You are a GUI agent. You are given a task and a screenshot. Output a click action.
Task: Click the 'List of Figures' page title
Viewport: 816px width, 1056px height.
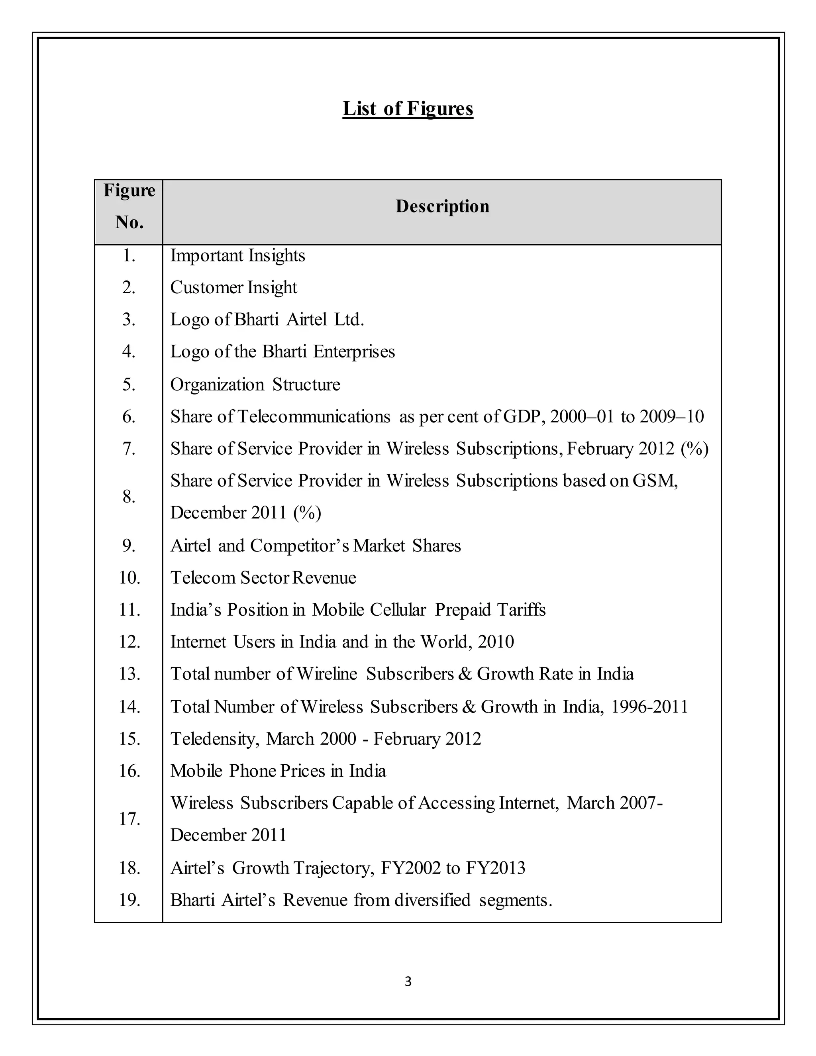point(408,109)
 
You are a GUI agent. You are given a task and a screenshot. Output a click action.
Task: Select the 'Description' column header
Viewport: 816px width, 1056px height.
point(442,206)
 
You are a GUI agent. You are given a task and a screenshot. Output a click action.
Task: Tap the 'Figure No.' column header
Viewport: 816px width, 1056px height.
point(129,206)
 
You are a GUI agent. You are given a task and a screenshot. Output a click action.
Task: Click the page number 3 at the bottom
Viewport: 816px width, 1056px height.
point(408,981)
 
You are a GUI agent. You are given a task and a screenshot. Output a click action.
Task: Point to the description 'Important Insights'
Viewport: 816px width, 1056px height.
point(237,256)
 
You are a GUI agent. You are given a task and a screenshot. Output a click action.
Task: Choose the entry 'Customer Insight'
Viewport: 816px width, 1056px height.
point(233,288)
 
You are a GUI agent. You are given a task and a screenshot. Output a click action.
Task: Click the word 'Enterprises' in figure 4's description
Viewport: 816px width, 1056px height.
point(354,351)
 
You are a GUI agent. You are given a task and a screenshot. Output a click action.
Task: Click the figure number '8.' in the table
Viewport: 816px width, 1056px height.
point(129,497)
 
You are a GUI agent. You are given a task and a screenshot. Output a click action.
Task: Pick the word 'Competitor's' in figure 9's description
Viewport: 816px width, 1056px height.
point(299,546)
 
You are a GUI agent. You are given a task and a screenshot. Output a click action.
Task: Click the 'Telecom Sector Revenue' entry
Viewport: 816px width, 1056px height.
point(263,578)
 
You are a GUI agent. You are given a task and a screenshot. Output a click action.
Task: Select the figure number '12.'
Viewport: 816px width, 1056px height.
point(129,642)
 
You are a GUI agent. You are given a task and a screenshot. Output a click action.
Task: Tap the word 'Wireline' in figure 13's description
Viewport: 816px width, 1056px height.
point(327,674)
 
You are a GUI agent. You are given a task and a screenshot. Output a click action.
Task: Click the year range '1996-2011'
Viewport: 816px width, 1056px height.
point(649,707)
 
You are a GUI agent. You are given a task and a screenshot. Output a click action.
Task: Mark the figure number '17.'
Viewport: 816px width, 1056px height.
point(129,819)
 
